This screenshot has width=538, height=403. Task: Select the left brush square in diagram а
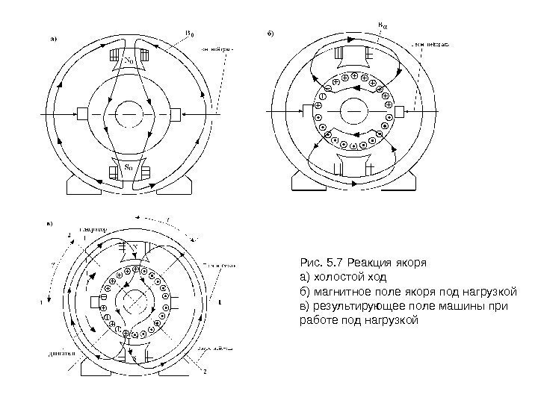click(x=83, y=113)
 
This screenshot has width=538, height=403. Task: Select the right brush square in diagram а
click(x=176, y=113)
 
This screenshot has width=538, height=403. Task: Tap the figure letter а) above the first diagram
click(x=55, y=38)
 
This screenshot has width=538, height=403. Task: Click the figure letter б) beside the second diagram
click(x=271, y=34)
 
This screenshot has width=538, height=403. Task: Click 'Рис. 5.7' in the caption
click(x=317, y=263)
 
